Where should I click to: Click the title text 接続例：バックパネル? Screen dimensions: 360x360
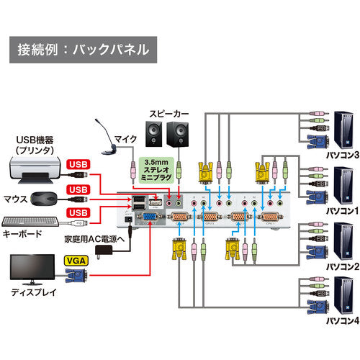click(83, 50)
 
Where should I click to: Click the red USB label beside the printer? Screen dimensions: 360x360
click(78, 164)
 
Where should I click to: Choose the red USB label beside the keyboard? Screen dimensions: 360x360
click(78, 212)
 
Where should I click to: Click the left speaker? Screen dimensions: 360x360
click(155, 134)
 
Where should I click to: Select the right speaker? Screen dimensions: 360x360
click(178, 134)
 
